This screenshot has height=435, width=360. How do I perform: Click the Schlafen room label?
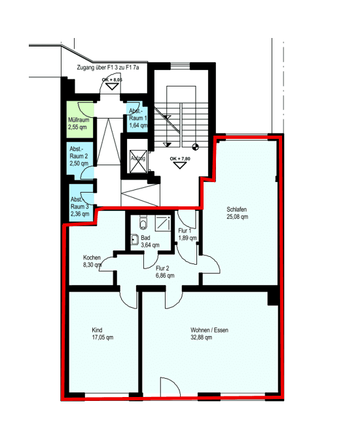237,209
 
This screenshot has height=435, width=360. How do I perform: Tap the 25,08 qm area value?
237,216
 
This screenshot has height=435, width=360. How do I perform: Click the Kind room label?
97,330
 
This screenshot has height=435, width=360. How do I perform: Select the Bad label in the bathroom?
145,238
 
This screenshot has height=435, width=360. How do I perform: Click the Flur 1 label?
185,231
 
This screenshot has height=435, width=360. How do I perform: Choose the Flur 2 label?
162,268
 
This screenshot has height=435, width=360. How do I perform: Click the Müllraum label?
79,120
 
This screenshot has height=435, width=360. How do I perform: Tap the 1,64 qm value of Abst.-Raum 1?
137,125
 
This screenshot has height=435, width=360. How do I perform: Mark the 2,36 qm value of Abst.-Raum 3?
80,213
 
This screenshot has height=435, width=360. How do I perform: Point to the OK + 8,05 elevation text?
112,79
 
